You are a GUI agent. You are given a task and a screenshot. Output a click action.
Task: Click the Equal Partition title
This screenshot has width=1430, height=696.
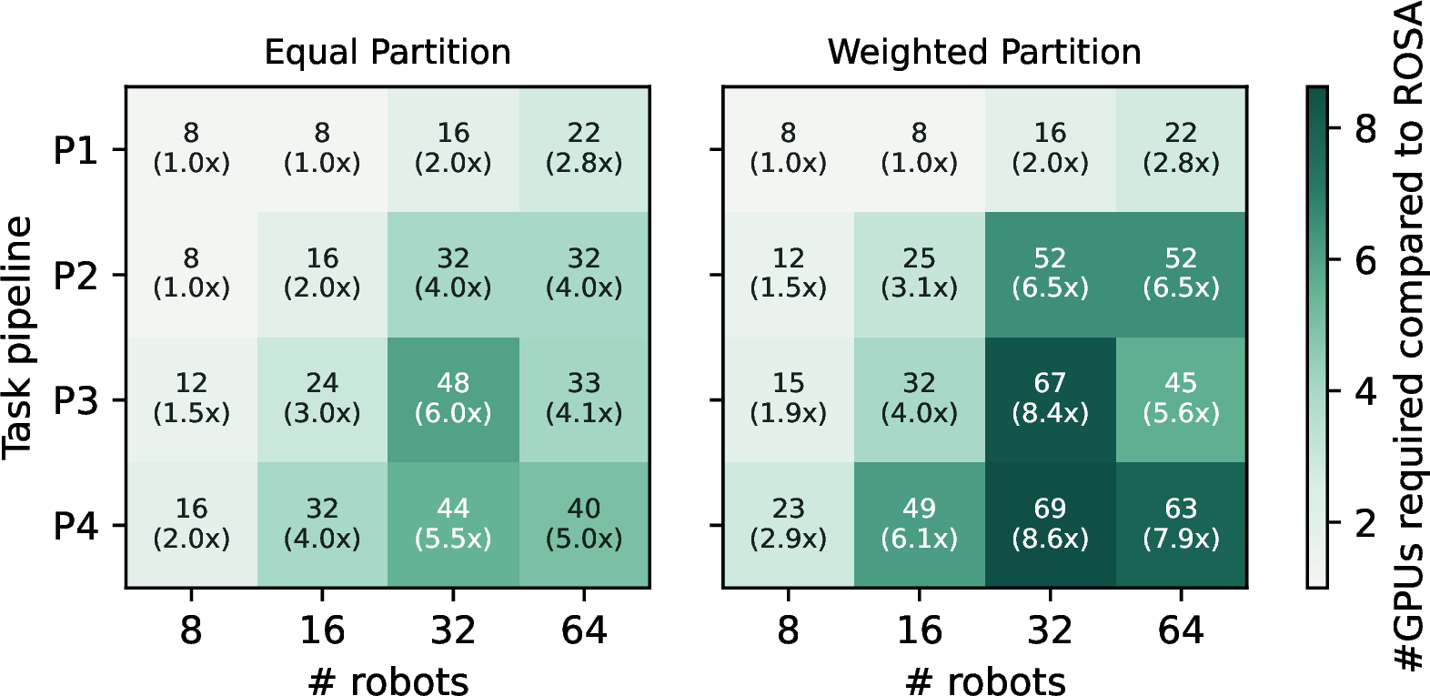(x=388, y=53)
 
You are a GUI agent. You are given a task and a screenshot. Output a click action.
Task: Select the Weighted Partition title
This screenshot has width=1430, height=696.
(x=984, y=53)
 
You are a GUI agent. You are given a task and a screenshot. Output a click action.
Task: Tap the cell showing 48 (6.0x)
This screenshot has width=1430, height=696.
(x=453, y=399)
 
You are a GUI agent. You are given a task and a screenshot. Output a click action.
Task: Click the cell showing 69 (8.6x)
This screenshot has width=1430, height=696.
(x=1050, y=525)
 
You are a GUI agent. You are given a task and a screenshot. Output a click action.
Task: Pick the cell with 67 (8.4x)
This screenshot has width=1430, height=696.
(x=1050, y=399)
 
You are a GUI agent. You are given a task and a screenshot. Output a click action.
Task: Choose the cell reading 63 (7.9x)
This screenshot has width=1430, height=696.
(x=1181, y=525)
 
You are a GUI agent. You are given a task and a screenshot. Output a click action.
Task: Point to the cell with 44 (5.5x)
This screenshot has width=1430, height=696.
(x=453, y=525)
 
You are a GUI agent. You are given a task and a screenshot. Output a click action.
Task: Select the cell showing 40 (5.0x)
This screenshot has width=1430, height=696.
(x=584, y=525)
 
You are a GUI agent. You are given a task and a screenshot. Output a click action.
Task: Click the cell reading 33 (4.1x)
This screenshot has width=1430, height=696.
(x=584, y=399)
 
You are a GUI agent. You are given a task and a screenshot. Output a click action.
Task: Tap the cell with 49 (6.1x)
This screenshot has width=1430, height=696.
(x=920, y=525)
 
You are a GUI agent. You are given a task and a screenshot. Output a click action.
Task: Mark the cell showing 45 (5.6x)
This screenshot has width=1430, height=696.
(x=1181, y=399)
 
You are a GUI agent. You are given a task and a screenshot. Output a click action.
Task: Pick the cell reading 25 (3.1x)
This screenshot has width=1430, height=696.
(x=920, y=275)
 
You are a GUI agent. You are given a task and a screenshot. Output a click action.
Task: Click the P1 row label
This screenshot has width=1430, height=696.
(x=76, y=151)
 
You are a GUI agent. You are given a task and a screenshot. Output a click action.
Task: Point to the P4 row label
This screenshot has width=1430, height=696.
(x=76, y=527)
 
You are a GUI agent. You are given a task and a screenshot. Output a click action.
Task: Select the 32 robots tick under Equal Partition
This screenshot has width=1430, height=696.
(x=453, y=630)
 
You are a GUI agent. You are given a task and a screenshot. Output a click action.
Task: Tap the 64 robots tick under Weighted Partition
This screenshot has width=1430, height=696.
(x=1181, y=630)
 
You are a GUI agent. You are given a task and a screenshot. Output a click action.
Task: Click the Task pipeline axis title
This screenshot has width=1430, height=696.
(x=17, y=338)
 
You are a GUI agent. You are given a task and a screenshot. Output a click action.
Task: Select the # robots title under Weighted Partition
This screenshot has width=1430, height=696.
(x=985, y=681)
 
